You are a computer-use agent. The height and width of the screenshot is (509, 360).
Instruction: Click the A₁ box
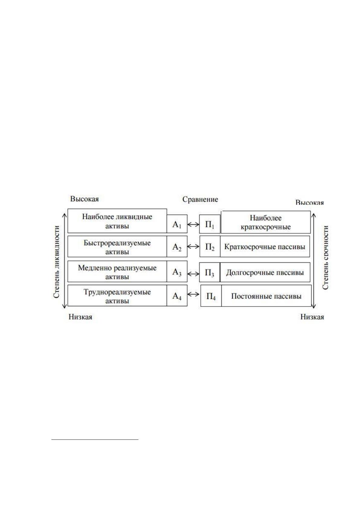click(177, 224)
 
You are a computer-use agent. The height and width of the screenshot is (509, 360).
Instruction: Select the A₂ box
click(177, 246)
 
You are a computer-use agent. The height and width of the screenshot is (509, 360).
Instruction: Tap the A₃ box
click(177, 271)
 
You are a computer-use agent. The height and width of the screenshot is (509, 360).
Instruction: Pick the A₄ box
click(177, 295)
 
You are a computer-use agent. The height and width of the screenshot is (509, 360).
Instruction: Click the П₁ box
click(210, 224)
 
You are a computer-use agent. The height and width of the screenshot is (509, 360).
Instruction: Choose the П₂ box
click(210, 246)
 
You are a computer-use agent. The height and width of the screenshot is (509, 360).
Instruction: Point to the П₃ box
click(210, 272)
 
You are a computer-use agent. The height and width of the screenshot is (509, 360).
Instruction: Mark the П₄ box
click(211, 296)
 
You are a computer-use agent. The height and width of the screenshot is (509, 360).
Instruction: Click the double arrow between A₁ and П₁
click(193, 225)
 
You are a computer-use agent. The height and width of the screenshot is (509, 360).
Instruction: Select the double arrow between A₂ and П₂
click(193, 247)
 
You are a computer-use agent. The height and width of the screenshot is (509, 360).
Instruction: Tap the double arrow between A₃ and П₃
click(193, 274)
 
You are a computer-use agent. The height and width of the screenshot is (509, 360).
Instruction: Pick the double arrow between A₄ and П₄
click(193, 294)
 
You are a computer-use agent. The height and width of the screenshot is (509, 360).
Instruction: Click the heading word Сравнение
click(200, 199)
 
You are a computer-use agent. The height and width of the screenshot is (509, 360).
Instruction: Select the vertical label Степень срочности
click(326, 258)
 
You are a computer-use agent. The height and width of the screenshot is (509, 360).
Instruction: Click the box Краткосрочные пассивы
click(265, 246)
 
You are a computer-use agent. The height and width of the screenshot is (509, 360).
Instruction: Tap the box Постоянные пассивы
click(266, 296)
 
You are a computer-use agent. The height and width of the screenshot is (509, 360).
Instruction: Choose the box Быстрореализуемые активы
click(117, 246)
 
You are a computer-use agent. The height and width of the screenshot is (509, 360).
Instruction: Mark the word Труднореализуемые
click(117, 292)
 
